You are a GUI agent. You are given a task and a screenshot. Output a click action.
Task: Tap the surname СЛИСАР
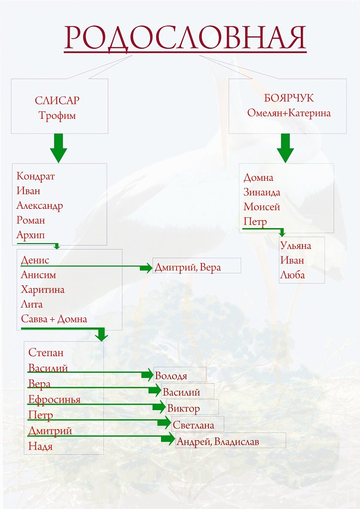[x=57, y=100]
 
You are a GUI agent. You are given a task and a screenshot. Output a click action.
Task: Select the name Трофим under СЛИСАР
[x=57, y=115]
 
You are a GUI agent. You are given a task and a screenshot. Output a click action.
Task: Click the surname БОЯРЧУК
[x=289, y=98]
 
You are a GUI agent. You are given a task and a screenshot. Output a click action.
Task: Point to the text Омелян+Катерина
[x=289, y=113]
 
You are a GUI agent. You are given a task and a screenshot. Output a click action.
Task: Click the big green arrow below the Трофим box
[x=59, y=148]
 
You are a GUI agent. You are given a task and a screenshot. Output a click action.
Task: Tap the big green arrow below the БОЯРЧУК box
[x=285, y=148]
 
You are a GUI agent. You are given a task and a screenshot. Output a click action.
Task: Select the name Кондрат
[x=36, y=176]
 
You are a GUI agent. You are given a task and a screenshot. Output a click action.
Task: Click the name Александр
[x=40, y=206]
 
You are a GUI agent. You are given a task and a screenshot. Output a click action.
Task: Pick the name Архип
[x=31, y=235]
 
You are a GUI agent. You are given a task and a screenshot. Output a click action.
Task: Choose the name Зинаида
[x=262, y=192]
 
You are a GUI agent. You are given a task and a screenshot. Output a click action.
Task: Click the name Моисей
[x=262, y=207]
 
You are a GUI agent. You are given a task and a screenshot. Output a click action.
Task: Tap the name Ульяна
[x=296, y=246]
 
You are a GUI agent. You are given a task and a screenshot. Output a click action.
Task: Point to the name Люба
[x=292, y=275]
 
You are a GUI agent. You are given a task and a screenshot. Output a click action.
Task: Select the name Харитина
[x=43, y=289]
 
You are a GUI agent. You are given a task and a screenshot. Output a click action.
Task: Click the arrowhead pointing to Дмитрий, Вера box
[x=146, y=268]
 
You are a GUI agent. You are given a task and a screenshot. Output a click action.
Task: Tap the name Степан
[x=46, y=352]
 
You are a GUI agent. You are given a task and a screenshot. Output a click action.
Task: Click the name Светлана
[x=193, y=425]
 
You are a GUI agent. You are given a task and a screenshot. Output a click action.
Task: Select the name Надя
[x=41, y=446]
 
